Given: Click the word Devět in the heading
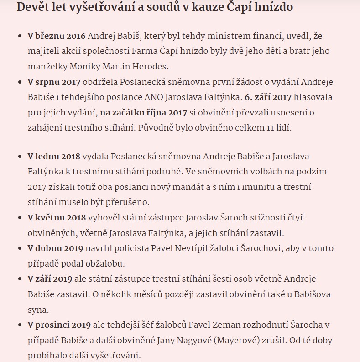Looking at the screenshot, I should pyautogui.click(x=31, y=7).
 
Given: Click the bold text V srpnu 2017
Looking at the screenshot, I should pyautogui.click(x=54, y=82).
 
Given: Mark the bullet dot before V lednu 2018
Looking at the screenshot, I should pyautogui.click(x=19, y=157).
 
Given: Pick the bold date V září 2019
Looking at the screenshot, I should pyautogui.click(x=50, y=279).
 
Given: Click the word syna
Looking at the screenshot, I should pyautogui.click(x=37, y=310).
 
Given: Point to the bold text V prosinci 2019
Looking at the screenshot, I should pyautogui.click(x=59, y=325).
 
